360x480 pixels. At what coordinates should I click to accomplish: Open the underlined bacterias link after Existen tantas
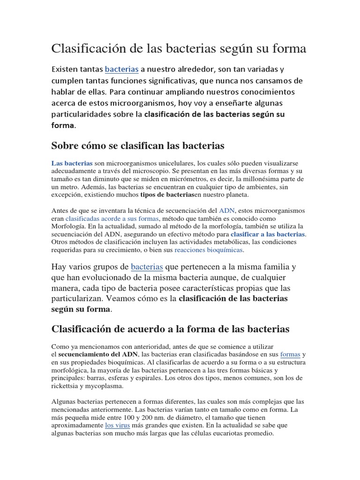[121, 69]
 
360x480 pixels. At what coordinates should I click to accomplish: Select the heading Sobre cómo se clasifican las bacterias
[138, 146]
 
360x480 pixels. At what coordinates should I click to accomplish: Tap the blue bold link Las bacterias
[72, 163]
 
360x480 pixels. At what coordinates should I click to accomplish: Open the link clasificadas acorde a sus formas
[112, 218]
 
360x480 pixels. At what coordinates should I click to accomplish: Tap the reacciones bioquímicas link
[209, 250]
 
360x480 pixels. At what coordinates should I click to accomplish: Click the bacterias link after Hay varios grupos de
[147, 267]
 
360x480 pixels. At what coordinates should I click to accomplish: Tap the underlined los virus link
[117, 425]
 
